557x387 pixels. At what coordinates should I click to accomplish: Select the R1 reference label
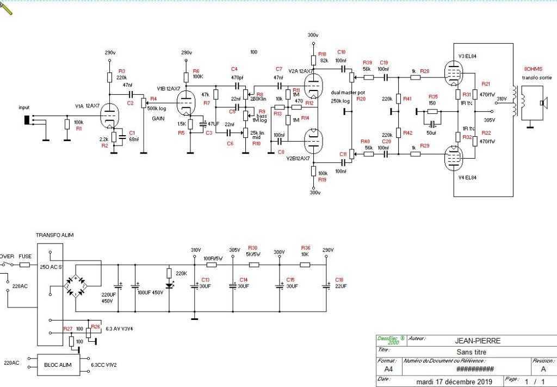(x=78, y=129)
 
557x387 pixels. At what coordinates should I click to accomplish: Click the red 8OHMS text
(x=534, y=70)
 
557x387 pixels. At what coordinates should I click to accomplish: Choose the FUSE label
(x=25, y=256)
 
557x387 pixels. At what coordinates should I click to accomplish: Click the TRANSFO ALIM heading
(x=54, y=235)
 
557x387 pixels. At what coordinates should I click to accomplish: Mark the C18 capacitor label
(x=339, y=279)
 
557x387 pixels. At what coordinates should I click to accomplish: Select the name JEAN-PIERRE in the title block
(x=478, y=341)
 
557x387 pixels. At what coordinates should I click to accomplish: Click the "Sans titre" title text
(x=478, y=352)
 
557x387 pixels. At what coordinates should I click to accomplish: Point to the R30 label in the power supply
(x=252, y=247)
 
